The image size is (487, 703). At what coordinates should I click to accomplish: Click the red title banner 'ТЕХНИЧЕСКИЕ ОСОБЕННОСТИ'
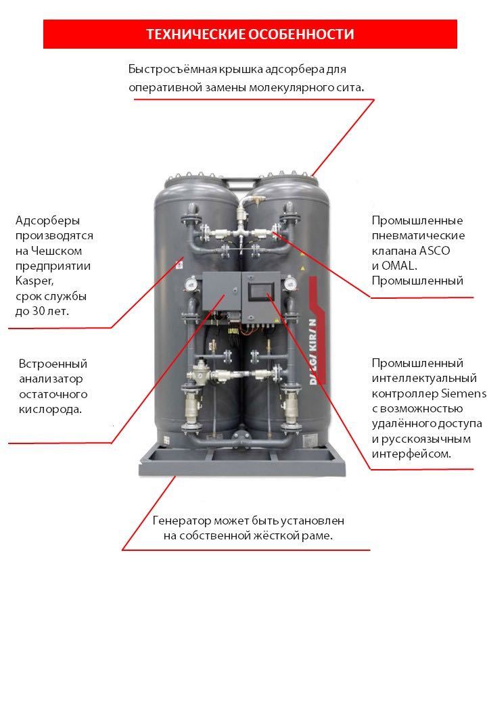(250, 34)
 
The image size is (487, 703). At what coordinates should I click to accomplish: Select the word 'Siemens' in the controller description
(463, 393)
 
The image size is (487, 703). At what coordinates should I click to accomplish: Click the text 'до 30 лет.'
(42, 311)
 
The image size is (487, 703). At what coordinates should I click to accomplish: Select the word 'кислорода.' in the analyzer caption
(49, 410)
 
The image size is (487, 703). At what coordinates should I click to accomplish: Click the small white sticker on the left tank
(179, 265)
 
